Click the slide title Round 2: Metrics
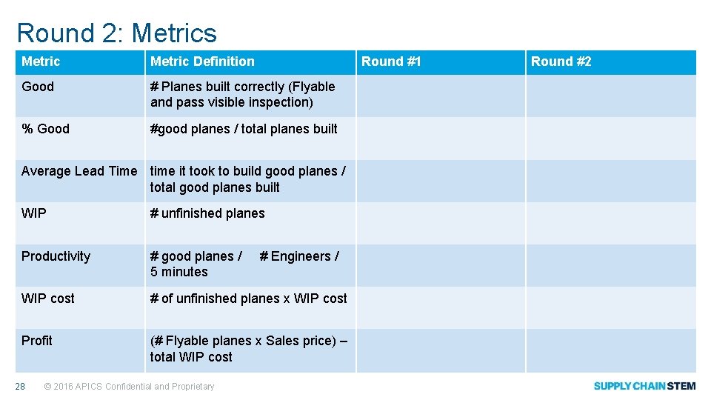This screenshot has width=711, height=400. click(116, 33)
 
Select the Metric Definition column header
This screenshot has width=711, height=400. click(202, 61)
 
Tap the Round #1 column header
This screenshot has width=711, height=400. click(391, 61)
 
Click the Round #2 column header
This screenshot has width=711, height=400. click(561, 61)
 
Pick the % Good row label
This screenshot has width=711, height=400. click(45, 129)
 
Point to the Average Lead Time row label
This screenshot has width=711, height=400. click(79, 171)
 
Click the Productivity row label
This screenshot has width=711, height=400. click(56, 256)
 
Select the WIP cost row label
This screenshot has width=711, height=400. click(48, 299)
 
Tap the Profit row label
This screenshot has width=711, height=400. click(37, 341)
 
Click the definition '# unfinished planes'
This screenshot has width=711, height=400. click(207, 213)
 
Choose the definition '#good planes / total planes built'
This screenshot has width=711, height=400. click(244, 129)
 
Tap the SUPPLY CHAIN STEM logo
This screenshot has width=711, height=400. click(644, 386)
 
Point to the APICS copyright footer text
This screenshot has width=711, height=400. click(130, 386)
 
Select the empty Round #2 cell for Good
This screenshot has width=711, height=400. click(611, 96)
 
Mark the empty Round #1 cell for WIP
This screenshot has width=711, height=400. click(441, 223)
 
